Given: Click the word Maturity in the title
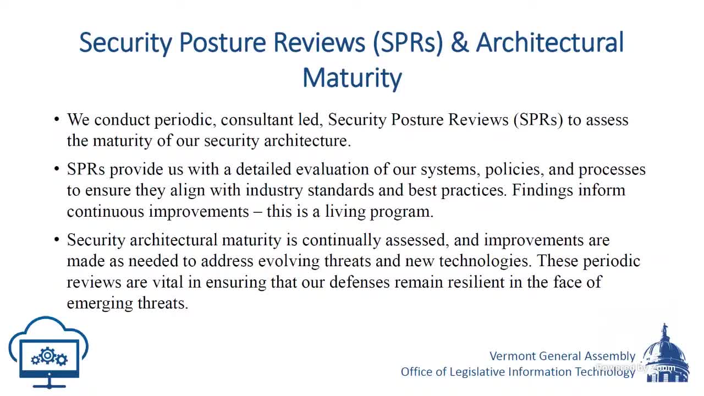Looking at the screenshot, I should tap(352, 78).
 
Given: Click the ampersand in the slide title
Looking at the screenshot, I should tap(459, 43).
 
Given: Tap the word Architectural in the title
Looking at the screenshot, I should tap(550, 43).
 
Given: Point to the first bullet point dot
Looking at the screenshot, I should tap(57, 119).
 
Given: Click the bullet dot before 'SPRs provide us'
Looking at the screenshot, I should tap(57, 169).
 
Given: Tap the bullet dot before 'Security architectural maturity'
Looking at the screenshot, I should tap(57, 240).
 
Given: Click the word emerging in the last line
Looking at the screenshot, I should tap(95, 303).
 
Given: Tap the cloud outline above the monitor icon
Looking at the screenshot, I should tap(48, 328).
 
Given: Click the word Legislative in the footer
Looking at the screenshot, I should tap(477, 372).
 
